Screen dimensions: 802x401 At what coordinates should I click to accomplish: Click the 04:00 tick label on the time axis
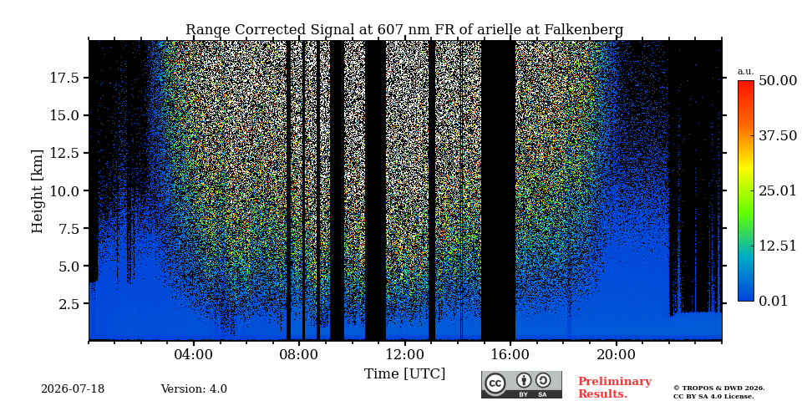194,355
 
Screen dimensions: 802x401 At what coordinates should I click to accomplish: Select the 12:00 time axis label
404,355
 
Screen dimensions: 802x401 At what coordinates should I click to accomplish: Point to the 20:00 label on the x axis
616,355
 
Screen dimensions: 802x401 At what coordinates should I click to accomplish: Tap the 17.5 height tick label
64,78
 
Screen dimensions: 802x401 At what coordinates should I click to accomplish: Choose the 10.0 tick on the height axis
64,190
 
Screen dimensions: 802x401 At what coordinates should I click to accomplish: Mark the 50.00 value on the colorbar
778,81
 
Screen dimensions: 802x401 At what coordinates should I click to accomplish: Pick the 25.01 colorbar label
778,191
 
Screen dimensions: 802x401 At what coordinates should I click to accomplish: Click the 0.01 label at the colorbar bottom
778,301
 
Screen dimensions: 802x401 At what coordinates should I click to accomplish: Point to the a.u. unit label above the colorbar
746,72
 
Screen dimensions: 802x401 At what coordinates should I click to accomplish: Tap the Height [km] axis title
38,191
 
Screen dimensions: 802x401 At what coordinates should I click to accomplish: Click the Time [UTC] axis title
404,374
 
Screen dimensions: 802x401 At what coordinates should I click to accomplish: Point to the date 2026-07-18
73,389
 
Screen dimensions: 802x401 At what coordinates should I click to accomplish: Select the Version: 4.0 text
194,389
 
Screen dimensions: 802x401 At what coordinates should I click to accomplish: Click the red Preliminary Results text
615,388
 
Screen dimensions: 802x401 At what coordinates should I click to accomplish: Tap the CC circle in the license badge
495,383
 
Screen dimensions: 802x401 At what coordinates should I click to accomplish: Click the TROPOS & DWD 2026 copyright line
719,388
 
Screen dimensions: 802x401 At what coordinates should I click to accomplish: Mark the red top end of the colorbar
746,81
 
